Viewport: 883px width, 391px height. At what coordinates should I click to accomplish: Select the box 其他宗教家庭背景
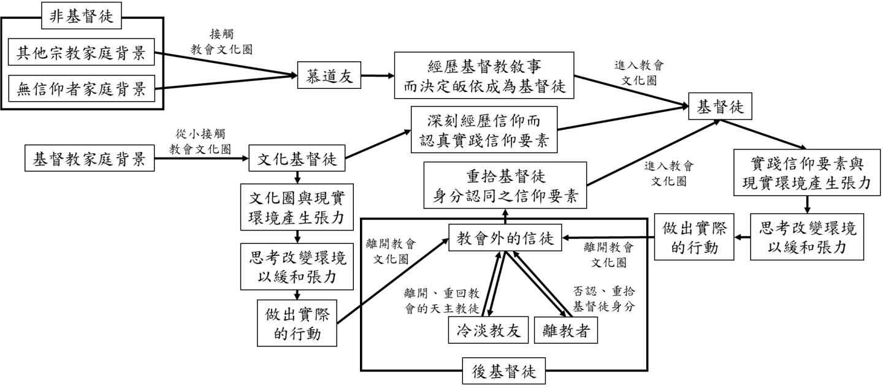[x=81, y=54]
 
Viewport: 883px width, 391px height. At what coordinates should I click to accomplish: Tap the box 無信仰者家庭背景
[x=81, y=91]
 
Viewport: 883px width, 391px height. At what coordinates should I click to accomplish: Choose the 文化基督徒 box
[x=297, y=161]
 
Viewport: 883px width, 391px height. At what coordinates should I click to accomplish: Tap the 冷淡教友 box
[x=488, y=331]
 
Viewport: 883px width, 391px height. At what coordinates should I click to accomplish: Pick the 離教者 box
[x=565, y=331]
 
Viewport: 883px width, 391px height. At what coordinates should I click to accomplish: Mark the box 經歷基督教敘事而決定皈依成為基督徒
[x=485, y=77]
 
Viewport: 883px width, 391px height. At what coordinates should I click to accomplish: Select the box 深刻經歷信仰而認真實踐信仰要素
[x=484, y=130]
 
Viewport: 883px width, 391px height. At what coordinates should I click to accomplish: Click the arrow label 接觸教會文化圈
[x=221, y=40]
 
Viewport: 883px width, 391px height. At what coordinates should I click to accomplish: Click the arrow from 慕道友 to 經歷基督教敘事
[x=378, y=77]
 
